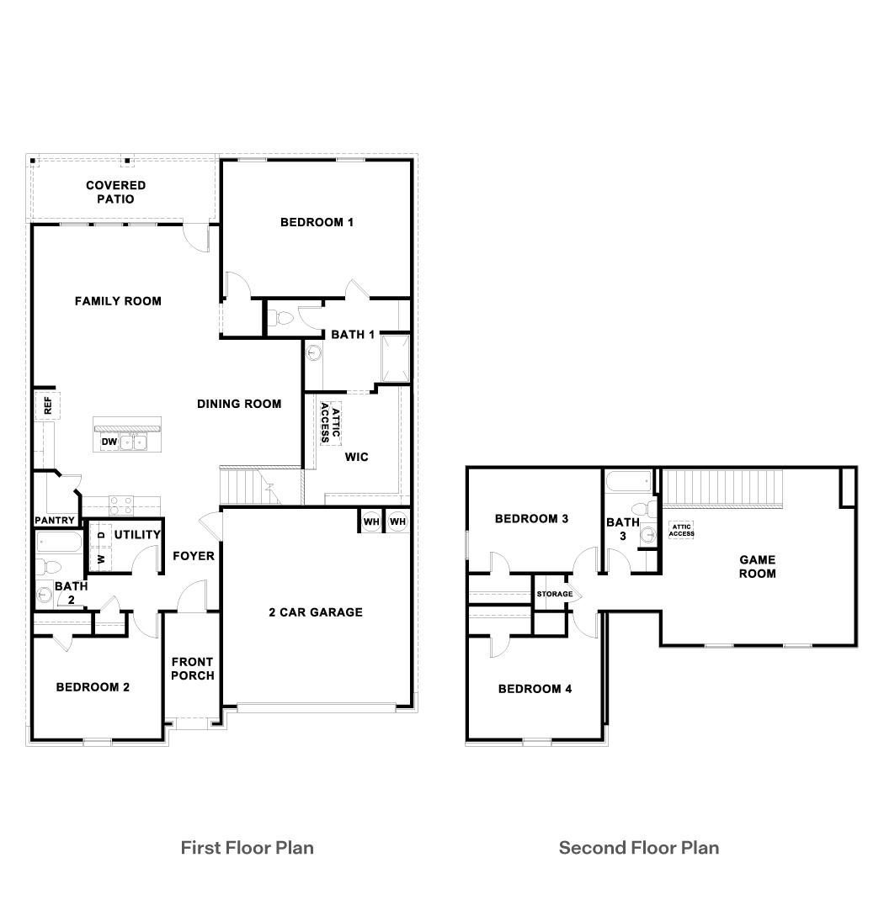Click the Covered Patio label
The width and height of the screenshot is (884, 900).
[x=115, y=192]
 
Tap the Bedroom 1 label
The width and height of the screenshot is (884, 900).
[x=317, y=222]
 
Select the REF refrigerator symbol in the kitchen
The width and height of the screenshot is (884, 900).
[x=47, y=405]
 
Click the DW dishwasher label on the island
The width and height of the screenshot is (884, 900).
[x=109, y=442]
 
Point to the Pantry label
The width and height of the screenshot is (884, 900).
[x=55, y=521]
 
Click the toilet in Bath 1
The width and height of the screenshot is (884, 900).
[x=280, y=319]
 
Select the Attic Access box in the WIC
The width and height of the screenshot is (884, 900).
[x=330, y=423]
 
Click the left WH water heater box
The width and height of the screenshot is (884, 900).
[x=371, y=521]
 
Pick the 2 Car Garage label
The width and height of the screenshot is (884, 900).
[x=316, y=612]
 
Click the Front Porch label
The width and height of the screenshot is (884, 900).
[x=193, y=669]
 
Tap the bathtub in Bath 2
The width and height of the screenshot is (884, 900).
[x=57, y=541]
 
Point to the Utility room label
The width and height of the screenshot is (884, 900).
[x=137, y=535]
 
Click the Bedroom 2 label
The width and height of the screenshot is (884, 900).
[x=93, y=687]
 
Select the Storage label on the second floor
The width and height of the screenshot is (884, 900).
[x=555, y=594]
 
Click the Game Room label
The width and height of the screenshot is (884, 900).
[x=757, y=566]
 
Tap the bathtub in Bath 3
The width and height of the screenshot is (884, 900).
[x=628, y=483]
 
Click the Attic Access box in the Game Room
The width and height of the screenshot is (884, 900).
[x=681, y=530]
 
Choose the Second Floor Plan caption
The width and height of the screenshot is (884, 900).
[x=639, y=847]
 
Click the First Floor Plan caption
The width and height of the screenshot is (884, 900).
[x=247, y=847]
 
